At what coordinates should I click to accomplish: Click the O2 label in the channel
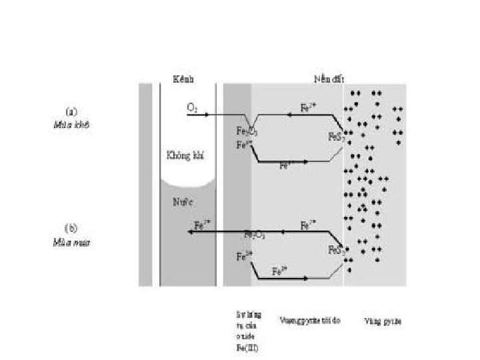pos(192,108)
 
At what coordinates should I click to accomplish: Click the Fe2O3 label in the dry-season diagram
pos(247,131)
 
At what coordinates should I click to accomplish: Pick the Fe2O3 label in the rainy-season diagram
pos(255,235)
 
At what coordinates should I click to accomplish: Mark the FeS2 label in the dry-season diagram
pos(336,137)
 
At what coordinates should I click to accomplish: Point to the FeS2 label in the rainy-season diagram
pos(336,251)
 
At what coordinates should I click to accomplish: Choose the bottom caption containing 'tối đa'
pos(310,321)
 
